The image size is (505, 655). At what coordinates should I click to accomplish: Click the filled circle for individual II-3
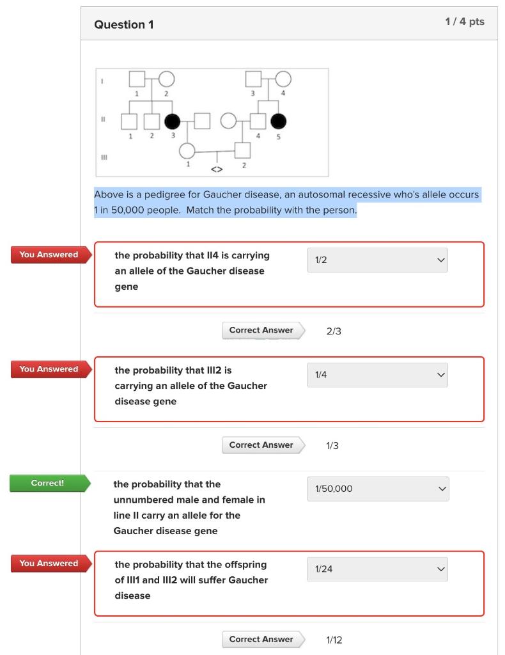coord(172,120)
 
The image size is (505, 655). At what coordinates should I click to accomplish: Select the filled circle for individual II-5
coord(279,120)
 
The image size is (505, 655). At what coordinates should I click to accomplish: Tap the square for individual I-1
coord(136,79)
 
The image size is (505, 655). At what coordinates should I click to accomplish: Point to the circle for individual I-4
coord(283,79)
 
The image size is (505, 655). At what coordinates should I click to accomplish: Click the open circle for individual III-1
coord(187,151)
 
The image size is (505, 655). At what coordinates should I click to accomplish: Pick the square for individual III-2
coord(242,151)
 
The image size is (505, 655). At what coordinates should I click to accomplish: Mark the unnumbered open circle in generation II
coord(228,120)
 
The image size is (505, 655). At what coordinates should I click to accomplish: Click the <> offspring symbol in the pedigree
coord(217,170)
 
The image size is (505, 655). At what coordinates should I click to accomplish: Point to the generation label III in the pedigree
coord(102,155)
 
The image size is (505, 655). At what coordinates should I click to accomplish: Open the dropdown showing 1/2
coord(377,260)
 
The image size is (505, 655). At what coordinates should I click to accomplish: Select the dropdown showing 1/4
coord(377,375)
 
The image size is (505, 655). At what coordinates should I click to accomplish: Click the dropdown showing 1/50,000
coord(377,489)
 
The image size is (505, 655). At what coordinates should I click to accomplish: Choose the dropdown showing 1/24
coord(377,569)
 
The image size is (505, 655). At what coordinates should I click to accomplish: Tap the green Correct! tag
coord(48,483)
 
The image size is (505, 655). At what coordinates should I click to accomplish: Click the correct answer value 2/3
coord(333,331)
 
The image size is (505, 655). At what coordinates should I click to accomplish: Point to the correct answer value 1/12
coord(334,640)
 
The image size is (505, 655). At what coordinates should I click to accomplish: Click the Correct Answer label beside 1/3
coord(261,445)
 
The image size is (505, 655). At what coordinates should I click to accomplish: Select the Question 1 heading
coord(124,24)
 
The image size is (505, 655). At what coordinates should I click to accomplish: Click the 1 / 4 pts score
coord(464,22)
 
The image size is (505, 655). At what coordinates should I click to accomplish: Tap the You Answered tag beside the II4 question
coord(49,255)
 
